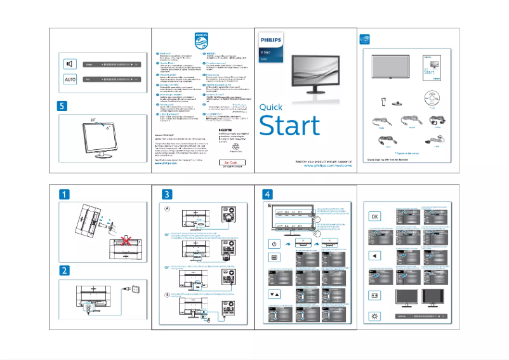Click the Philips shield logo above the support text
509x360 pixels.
[201, 42]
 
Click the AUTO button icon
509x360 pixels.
[71, 79]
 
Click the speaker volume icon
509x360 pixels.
[71, 63]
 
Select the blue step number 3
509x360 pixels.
[167, 194]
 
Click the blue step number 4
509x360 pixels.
[268, 194]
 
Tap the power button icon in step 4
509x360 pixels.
[274, 244]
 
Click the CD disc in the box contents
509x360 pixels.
[431, 100]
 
